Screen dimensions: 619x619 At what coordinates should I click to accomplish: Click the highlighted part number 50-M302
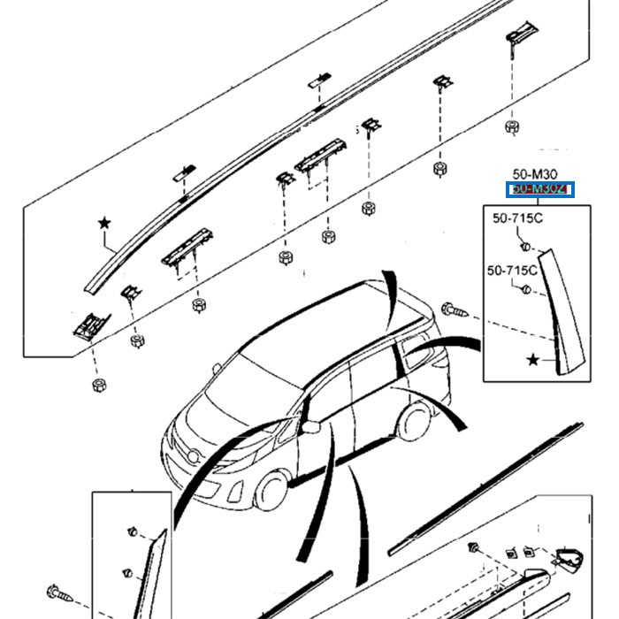coord(539,189)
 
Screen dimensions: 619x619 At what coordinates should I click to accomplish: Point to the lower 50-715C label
coord(513,270)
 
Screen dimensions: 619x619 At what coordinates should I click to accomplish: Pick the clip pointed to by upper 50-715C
coord(525,245)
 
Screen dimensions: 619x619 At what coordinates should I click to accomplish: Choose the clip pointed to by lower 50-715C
coord(525,293)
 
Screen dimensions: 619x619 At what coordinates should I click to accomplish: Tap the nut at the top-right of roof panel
coord(511,127)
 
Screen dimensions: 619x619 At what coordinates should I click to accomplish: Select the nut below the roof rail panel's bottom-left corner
coord(97,386)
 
